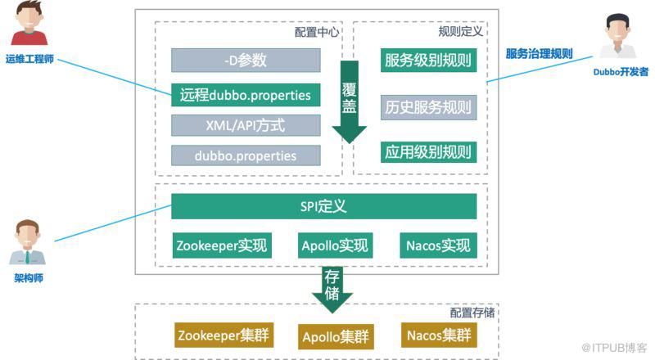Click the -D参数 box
click(x=245, y=61)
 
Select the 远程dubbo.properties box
click(x=245, y=96)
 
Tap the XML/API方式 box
click(x=245, y=125)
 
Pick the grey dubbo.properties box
click(x=245, y=155)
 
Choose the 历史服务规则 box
click(x=429, y=107)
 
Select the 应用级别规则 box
click(x=429, y=151)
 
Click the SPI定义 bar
click(x=324, y=207)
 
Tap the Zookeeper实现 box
click(x=222, y=245)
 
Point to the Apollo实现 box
click(x=335, y=245)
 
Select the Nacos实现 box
click(x=439, y=245)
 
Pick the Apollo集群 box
click(x=335, y=335)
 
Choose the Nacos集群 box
click(x=439, y=335)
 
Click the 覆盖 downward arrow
click(x=350, y=102)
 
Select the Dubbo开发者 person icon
click(x=620, y=38)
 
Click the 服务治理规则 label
click(x=538, y=54)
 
